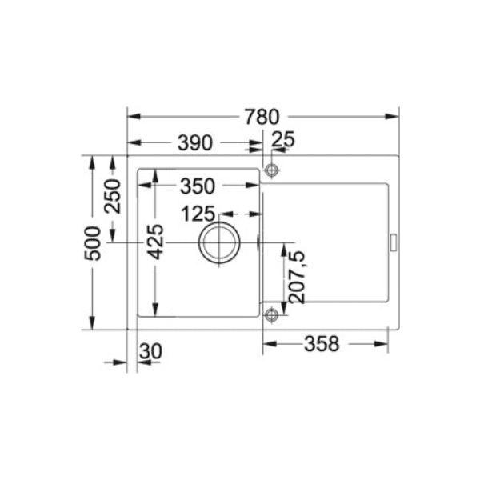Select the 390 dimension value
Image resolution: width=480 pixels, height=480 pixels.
pos(195,143)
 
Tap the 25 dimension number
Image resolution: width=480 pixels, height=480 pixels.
pos(283,141)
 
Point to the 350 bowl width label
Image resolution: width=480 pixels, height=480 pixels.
pos(197,186)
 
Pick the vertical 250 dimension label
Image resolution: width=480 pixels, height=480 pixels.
pos(112,195)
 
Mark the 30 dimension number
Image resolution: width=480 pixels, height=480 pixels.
pos(150,351)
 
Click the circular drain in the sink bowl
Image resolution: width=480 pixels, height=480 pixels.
pos(219,242)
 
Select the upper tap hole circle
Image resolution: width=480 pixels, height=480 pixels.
pos(271,170)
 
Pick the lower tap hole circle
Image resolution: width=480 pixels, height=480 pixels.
pos(271,313)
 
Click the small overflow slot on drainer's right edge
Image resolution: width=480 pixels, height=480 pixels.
pos(393,242)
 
